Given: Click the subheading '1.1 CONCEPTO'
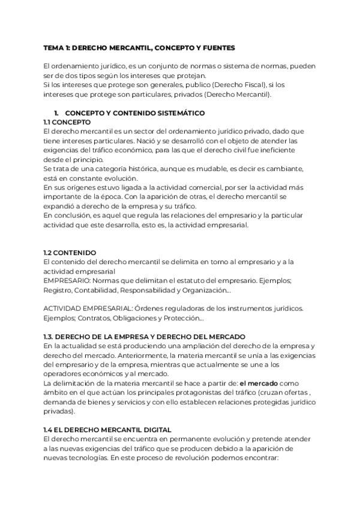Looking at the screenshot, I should tap(67, 121).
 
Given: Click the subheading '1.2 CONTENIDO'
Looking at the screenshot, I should tap(70, 253).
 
